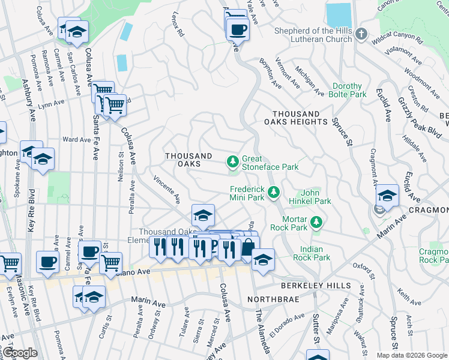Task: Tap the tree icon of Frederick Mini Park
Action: (x=274, y=192)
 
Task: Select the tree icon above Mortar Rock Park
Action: (x=315, y=223)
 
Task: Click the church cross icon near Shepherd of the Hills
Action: (x=361, y=34)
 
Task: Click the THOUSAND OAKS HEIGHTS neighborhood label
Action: (x=300, y=118)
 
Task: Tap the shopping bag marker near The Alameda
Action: (x=248, y=246)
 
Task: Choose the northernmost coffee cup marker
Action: (x=238, y=28)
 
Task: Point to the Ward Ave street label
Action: (x=76, y=140)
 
